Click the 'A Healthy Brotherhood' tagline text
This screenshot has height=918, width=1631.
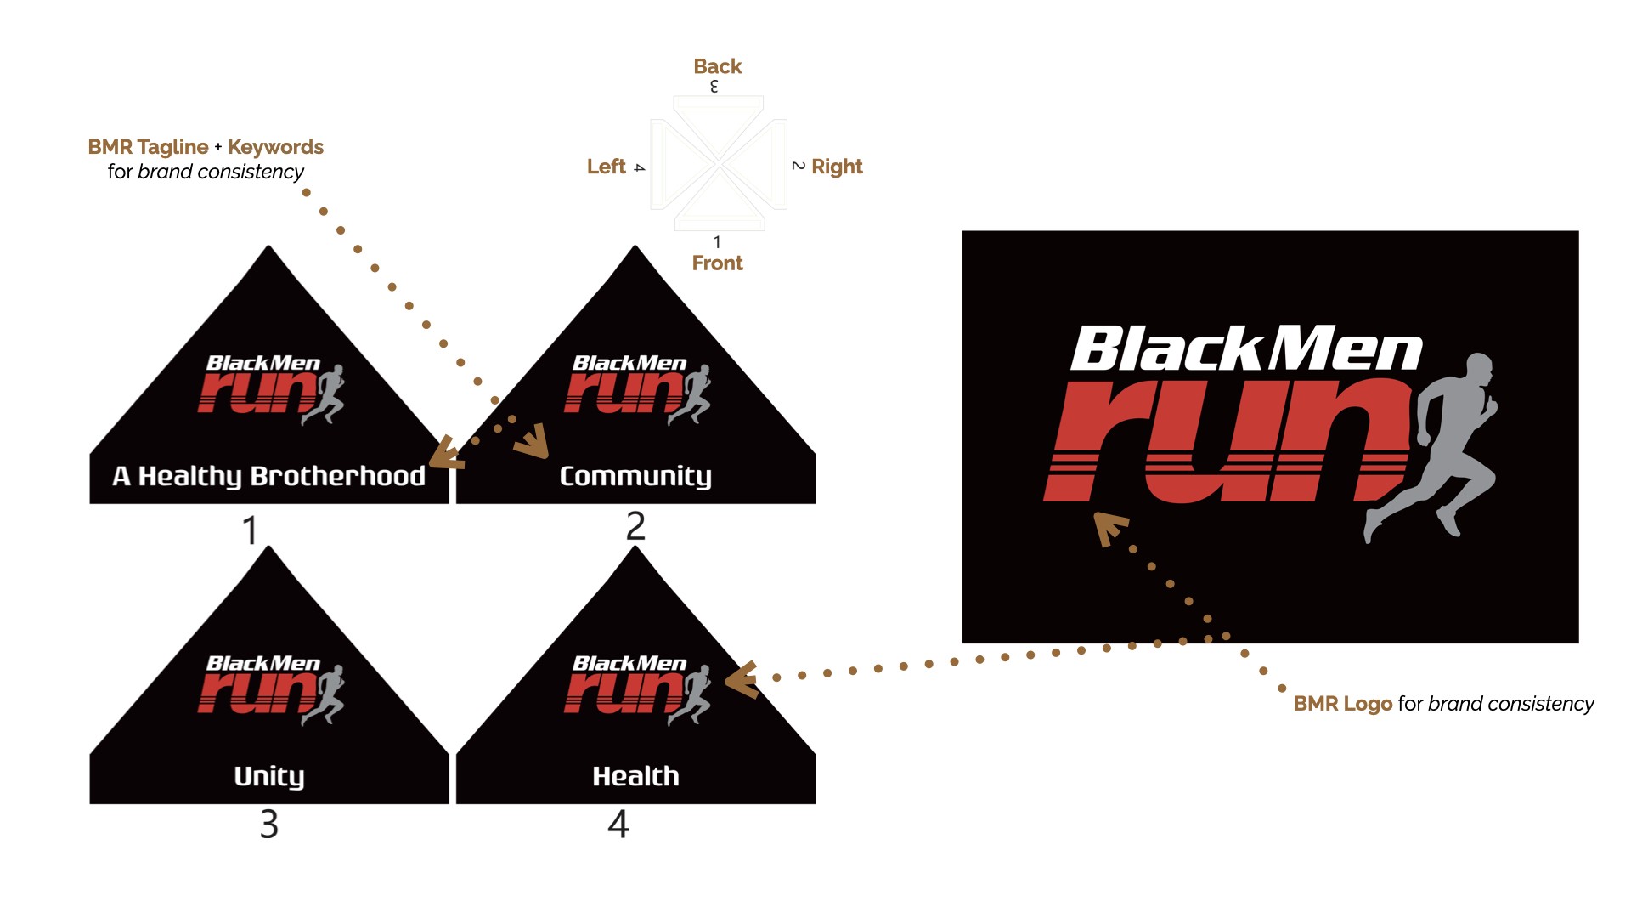268,476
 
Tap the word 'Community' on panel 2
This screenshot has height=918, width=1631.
635,476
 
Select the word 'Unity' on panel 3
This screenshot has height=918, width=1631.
268,776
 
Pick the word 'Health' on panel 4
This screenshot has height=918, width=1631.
635,776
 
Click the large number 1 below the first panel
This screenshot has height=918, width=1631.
250,530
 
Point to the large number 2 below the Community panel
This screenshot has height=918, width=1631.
635,526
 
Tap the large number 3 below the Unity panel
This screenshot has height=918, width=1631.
268,824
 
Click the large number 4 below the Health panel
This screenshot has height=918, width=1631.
618,824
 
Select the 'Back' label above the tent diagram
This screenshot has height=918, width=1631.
717,66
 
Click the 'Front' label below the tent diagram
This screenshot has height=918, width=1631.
717,263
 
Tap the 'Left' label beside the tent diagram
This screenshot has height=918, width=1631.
606,167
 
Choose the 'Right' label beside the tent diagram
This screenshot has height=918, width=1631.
837,167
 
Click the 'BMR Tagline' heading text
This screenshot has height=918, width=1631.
148,147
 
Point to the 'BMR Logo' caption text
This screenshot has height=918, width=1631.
1342,704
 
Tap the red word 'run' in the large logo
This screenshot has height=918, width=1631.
1223,442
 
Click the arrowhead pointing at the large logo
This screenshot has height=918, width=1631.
1109,527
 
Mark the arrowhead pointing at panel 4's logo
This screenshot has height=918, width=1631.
742,680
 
